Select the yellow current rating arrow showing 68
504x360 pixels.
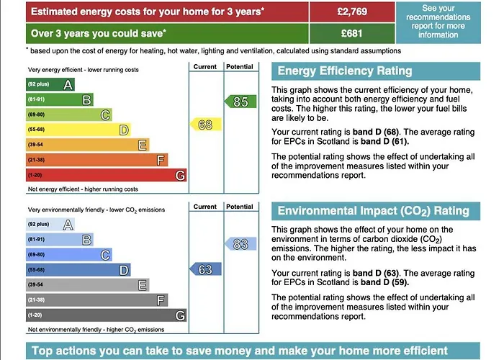click(204, 125)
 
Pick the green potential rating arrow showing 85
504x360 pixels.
click(240, 102)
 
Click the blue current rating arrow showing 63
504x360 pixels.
click(204, 269)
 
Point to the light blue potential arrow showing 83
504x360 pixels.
click(240, 244)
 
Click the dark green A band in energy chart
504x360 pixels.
click(50, 84)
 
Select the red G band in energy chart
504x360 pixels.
click(107, 175)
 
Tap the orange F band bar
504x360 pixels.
click(96, 160)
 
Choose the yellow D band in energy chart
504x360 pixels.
click(78, 130)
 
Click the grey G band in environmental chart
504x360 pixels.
click(107, 315)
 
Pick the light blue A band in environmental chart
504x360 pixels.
click(50, 225)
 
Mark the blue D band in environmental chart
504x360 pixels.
click(78, 270)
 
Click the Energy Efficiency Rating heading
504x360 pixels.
click(345, 71)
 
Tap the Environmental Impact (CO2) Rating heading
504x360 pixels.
click(373, 211)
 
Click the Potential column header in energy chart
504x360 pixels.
click(240, 67)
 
